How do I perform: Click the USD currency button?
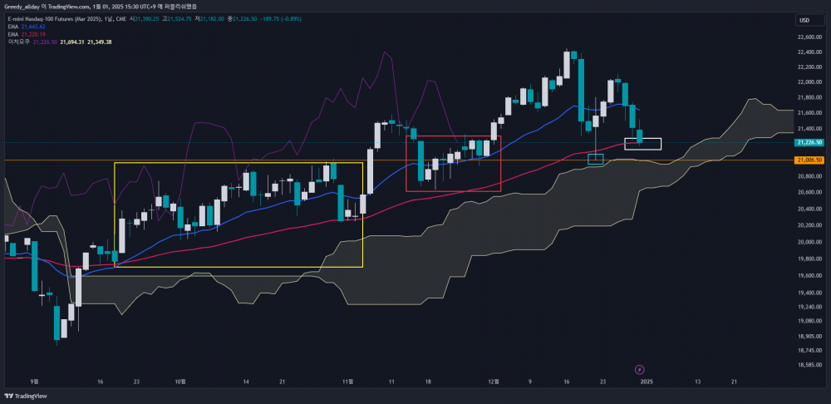coord(804,20)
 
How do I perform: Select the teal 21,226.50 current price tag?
coord(809,144)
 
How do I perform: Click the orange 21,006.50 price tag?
coord(809,160)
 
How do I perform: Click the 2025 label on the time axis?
coord(645,382)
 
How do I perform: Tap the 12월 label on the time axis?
coord(494,382)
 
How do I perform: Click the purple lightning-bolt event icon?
coord(639,368)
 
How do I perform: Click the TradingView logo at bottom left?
coord(26,396)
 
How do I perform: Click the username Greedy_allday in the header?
coord(27,7)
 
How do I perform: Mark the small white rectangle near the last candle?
coord(642,144)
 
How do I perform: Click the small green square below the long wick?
coord(595,159)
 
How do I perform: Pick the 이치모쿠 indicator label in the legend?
coord(17,42)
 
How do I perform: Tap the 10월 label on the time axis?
coord(179,382)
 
